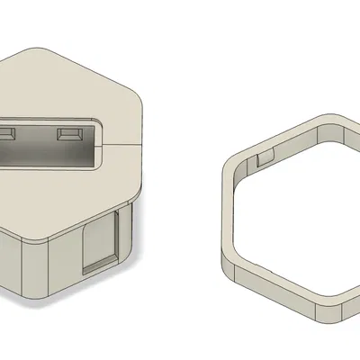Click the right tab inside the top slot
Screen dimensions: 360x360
[67, 134]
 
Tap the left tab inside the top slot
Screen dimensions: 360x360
[7, 134]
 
